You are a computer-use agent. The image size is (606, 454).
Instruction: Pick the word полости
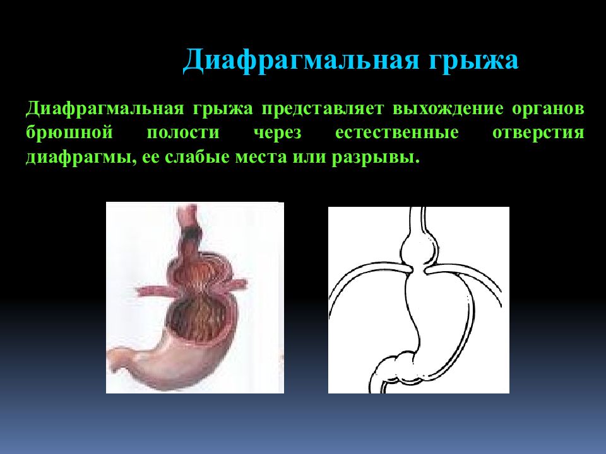[183, 133]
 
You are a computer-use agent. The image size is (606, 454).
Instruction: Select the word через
[278, 133]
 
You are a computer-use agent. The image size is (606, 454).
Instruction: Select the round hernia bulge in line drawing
[416, 248]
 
